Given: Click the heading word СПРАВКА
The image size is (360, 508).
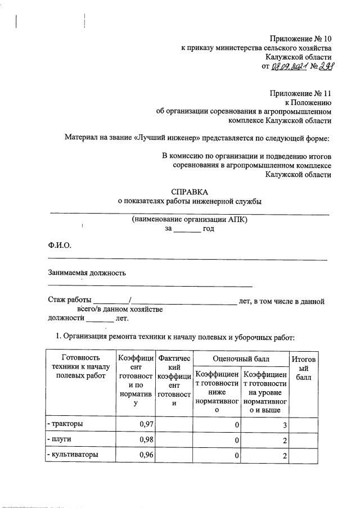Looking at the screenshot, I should pos(190,191).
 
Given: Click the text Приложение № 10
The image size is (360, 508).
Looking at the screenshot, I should pos(301,39).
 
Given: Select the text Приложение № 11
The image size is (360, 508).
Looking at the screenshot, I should pos(301,93).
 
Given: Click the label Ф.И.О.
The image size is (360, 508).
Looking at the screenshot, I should pos(60,245).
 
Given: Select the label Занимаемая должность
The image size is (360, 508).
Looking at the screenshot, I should pos(87,273).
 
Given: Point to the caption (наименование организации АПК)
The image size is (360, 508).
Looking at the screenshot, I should pos(190,220).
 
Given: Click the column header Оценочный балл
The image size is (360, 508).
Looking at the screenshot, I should pos(241,358).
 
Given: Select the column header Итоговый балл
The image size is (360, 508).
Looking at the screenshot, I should pos(304,368).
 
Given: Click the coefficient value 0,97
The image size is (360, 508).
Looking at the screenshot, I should pos(145,424).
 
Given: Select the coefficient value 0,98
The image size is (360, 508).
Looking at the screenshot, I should pos(145,439).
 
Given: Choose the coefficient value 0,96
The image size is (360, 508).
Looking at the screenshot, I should pos(145,454).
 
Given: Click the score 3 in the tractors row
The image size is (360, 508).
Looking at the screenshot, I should pos(285,425).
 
